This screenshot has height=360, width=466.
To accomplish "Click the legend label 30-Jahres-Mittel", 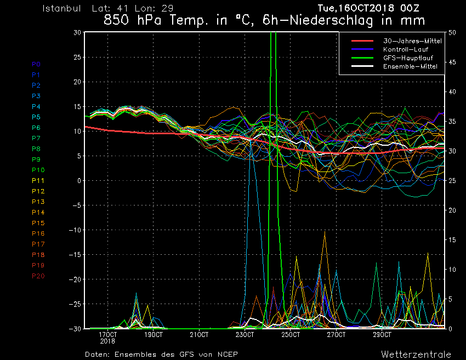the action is click(x=412, y=41).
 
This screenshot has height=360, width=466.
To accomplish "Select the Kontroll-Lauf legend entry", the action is click(x=406, y=49).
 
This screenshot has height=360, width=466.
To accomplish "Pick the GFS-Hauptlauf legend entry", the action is click(x=408, y=58).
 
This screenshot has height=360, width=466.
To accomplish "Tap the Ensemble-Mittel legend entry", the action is click(x=410, y=66).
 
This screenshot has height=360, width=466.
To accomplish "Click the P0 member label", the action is click(x=36, y=64).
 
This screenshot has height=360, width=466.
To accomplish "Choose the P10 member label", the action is click(x=38, y=170).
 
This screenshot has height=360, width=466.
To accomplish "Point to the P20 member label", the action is click(x=38, y=276).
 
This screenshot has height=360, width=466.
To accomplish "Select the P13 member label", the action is click(x=38, y=202).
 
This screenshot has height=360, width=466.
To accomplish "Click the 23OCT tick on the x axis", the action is click(x=245, y=335).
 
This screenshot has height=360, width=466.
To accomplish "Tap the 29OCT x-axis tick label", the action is click(x=382, y=335).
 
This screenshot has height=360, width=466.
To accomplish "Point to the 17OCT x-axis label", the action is click(x=107, y=335).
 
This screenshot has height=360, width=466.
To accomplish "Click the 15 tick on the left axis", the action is click(x=77, y=107).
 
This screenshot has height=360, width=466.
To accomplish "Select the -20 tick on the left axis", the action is click(x=75, y=279).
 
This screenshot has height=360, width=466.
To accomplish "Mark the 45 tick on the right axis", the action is click(x=452, y=62).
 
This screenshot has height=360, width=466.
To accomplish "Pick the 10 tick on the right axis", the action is click(x=452, y=270).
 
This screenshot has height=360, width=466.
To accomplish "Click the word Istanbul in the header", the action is click(x=61, y=8).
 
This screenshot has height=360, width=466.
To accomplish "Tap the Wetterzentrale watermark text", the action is click(x=416, y=355).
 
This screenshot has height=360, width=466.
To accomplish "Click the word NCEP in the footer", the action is click(x=228, y=355).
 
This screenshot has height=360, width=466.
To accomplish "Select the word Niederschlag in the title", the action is click(x=331, y=20).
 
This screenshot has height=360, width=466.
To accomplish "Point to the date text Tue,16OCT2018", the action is click(x=356, y=8).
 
